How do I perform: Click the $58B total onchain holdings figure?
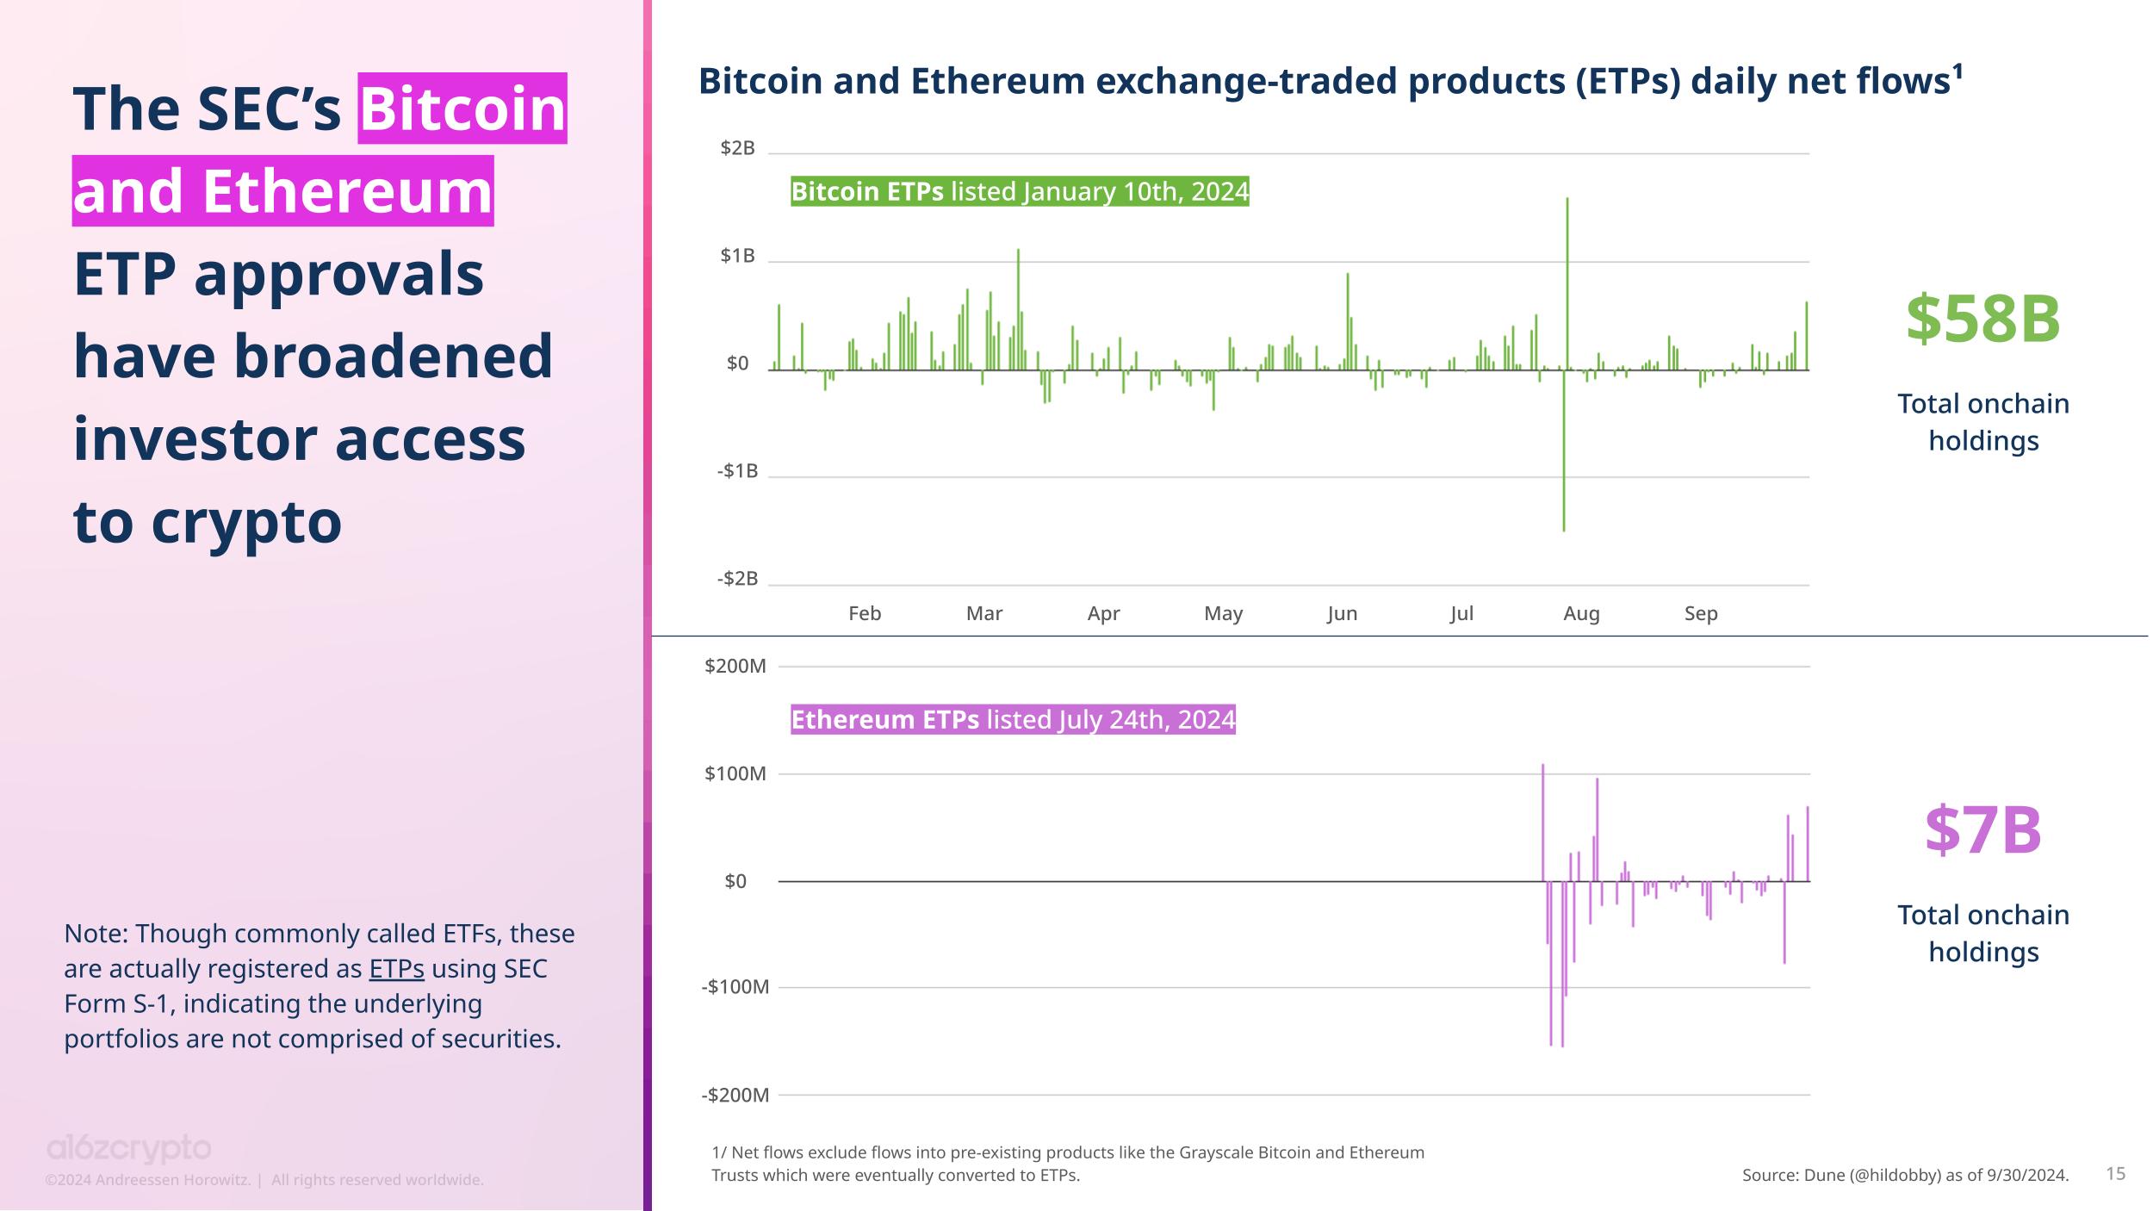pos(1982,320)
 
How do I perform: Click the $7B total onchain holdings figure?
pos(1982,831)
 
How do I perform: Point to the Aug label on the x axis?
pos(1581,613)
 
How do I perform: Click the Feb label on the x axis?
pos(865,613)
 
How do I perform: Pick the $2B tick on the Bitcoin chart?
pos(737,148)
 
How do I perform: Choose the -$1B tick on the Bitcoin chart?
pos(737,471)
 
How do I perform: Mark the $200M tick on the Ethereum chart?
pos(735,666)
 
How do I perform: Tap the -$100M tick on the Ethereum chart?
pos(735,986)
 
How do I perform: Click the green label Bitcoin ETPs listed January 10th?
pos(1020,191)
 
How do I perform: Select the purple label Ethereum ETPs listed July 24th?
pos(1013,719)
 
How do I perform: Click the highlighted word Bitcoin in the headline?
pos(462,109)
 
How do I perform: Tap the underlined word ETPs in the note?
pos(396,969)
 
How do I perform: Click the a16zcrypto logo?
pos(128,1149)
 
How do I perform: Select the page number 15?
pos(2115,1173)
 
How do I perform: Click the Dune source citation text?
pos(1905,1175)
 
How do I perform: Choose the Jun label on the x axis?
pos(1342,613)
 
